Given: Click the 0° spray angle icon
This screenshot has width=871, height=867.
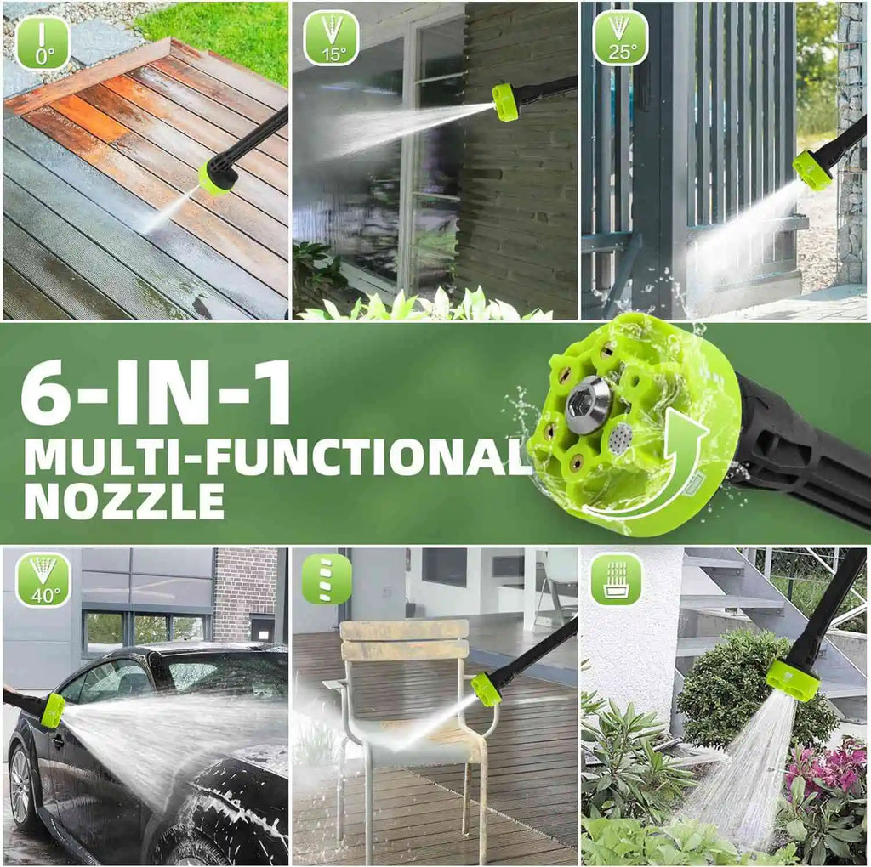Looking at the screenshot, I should click(43, 42).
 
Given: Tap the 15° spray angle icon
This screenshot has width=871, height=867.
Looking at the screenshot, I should click(331, 38).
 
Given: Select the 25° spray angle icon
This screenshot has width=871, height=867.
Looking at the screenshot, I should click(621, 38).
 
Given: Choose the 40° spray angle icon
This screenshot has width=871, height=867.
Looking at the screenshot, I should click(43, 580).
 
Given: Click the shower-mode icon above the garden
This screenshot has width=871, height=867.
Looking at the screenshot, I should click(617, 579).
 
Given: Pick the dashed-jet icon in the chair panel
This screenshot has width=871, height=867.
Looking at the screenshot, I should click(327, 579).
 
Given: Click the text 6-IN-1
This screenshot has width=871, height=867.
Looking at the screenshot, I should click(156, 393).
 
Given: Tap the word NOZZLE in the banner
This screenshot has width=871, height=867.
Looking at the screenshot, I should click(123, 501).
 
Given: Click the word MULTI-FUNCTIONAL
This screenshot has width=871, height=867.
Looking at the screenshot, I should click(276, 458).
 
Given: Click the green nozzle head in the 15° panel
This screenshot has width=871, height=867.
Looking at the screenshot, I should click(505, 103).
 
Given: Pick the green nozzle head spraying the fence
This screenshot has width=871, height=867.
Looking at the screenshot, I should click(812, 170).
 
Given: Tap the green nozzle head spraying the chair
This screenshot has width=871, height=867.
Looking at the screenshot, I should click(486, 688).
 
